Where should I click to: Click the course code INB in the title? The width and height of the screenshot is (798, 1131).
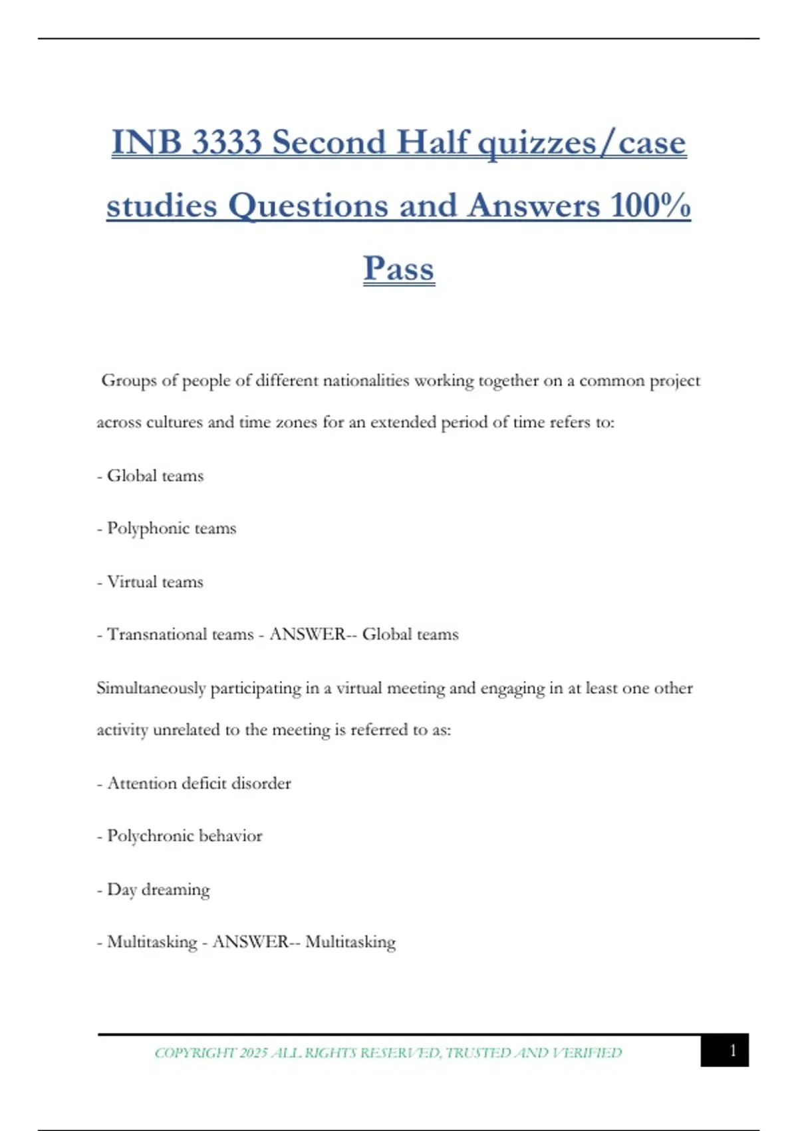coord(146,143)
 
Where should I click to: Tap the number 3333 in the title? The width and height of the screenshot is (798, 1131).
coord(227,143)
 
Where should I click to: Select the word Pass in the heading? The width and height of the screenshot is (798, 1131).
coord(399,269)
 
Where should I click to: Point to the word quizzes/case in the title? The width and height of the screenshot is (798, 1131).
coord(582,143)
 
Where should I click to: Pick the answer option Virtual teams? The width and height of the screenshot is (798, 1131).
coord(155,581)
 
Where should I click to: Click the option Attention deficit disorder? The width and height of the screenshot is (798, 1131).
coord(199,783)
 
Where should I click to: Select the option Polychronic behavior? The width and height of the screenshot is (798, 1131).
coord(184,836)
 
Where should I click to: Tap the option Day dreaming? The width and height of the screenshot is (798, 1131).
coord(158,889)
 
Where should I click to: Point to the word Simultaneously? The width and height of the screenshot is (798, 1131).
coord(151,689)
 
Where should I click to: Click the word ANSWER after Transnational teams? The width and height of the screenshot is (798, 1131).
coord(307,634)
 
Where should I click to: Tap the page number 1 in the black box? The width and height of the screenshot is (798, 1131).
coord(733,1050)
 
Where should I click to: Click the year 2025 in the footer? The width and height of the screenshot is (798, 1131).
coord(253,1052)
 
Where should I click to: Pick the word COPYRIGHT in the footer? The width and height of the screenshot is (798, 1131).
coord(195,1052)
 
